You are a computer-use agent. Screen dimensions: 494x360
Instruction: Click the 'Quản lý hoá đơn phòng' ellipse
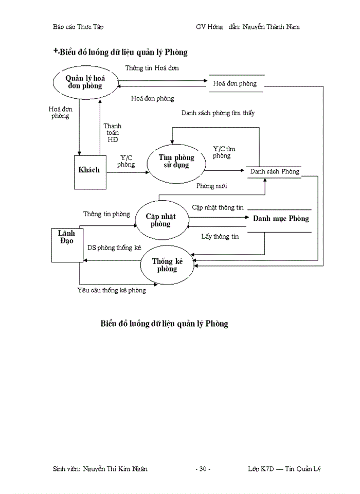click(85, 82)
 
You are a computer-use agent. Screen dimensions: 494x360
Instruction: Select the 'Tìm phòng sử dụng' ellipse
click(176, 162)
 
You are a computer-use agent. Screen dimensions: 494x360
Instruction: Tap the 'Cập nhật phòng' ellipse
click(160, 220)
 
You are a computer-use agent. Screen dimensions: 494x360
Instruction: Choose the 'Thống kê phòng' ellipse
click(167, 265)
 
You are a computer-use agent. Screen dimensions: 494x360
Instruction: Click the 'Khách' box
click(89, 170)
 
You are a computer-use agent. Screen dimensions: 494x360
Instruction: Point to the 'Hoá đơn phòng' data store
click(235, 84)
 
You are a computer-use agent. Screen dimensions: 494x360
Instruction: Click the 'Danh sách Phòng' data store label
click(275, 171)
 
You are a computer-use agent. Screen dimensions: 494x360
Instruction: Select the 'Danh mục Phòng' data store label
click(281, 219)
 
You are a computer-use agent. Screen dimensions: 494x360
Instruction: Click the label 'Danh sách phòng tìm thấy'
click(218, 113)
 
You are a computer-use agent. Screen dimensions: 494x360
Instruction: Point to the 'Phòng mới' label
click(212, 186)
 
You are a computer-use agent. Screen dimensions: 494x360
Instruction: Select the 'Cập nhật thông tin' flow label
click(218, 207)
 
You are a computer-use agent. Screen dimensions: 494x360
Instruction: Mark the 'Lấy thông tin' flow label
click(220, 237)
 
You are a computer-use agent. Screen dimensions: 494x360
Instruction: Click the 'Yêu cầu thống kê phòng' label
click(112, 290)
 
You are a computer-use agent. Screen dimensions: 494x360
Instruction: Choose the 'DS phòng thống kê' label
click(114, 248)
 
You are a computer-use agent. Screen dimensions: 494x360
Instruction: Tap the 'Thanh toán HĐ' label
click(112, 133)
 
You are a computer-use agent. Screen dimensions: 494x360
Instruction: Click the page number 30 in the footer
click(203, 469)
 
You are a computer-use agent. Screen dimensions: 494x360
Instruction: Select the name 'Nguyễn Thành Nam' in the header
click(273, 27)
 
